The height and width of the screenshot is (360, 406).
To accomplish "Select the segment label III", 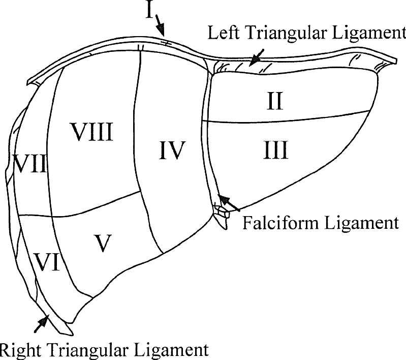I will click(276, 150).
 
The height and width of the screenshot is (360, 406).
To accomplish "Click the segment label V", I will click(102, 243).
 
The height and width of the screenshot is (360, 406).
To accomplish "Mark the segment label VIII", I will click(91, 132).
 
